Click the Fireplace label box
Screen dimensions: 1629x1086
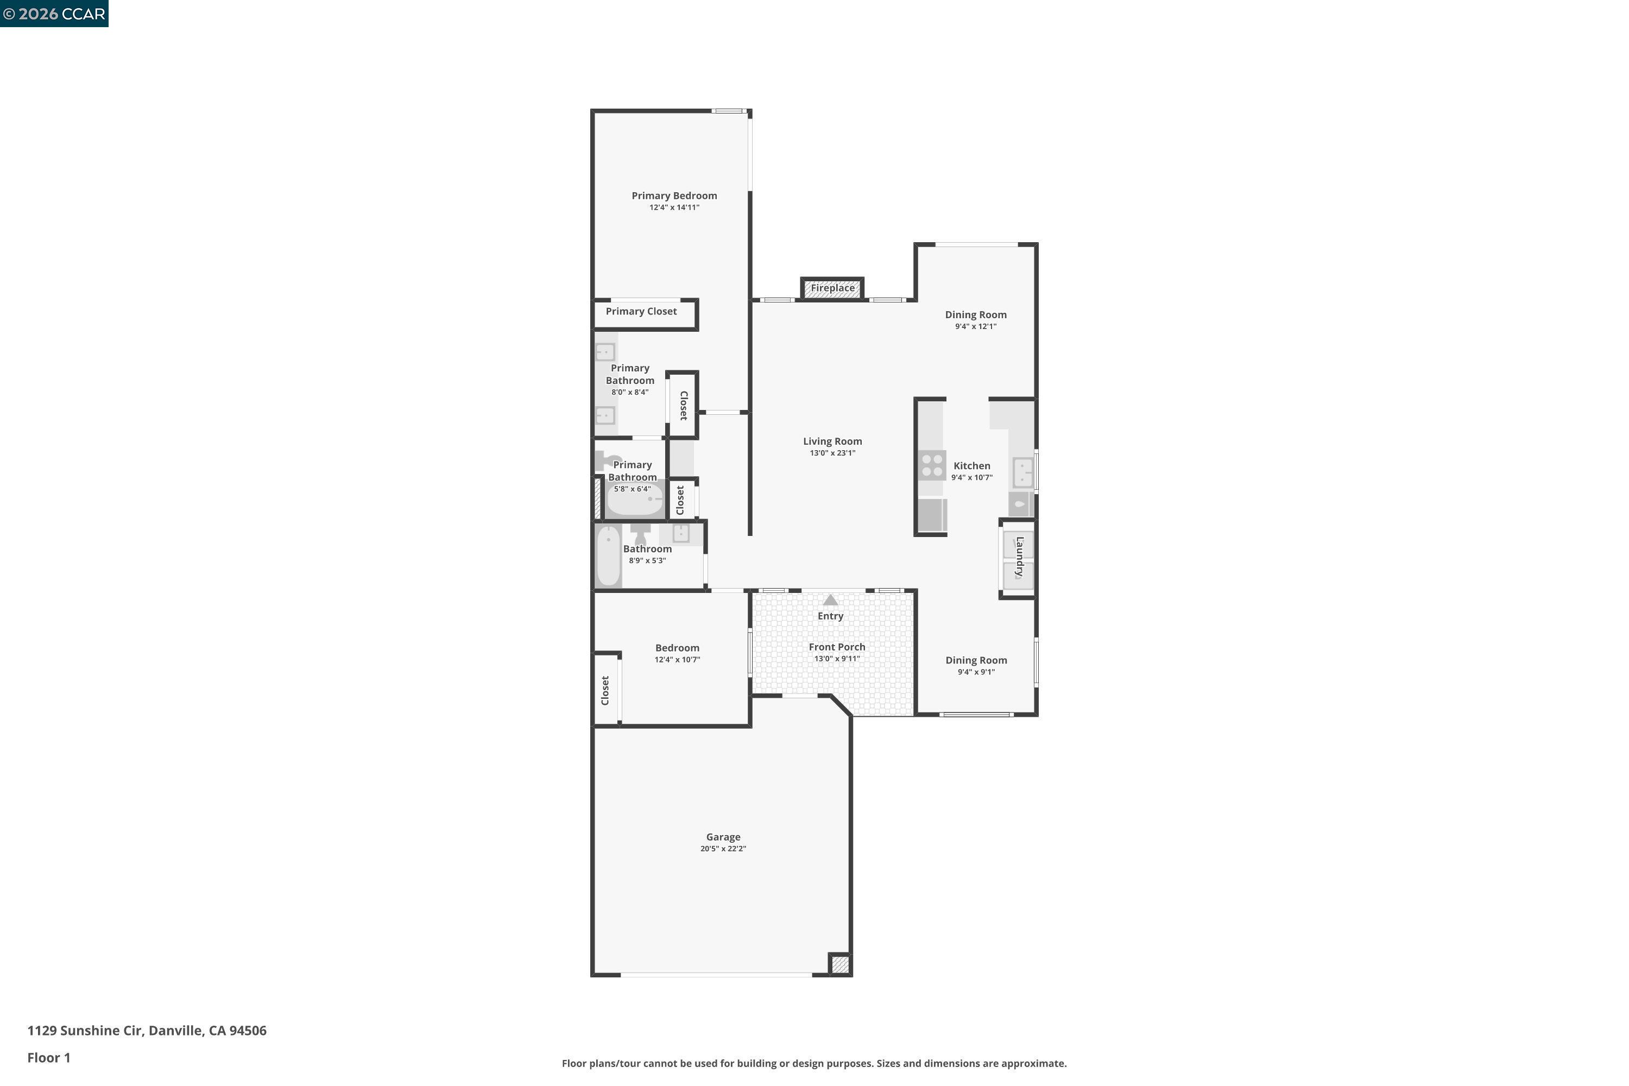[832, 288]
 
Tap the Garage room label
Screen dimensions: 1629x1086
[723, 837]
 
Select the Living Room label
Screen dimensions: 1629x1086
[832, 441]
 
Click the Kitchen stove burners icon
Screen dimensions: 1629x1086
[932, 465]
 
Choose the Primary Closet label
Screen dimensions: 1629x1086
[641, 312]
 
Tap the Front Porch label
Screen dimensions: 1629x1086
[837, 647]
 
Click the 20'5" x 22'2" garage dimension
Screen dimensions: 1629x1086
[723, 849]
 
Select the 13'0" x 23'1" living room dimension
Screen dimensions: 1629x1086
[832, 453]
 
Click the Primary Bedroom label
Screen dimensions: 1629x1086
[674, 196]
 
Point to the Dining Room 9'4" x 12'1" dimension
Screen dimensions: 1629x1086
[976, 326]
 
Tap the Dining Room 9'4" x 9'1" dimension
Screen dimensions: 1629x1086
[976, 672]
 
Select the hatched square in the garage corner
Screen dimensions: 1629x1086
[840, 964]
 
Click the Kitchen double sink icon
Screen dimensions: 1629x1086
[1023, 472]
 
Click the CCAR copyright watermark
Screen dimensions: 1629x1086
[54, 14]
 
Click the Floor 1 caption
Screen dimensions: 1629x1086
[48, 1058]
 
